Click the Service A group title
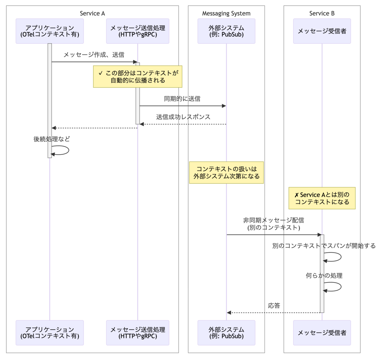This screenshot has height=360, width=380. [92, 13]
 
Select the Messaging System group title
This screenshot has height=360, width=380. [226, 13]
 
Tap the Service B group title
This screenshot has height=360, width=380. [322, 13]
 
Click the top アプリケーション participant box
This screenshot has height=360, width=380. [50, 31]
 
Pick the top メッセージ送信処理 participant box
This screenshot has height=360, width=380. [138, 31]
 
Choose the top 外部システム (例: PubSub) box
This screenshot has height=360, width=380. [226, 31]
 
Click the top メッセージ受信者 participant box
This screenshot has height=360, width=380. [322, 31]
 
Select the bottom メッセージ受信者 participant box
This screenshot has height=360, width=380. [322, 333]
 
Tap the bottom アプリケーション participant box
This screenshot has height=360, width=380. [50, 333]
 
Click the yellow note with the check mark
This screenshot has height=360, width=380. [138, 77]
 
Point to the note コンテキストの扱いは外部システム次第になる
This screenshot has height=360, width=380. [226, 173]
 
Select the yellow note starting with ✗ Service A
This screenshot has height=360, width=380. [322, 198]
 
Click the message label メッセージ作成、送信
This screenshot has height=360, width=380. [94, 55]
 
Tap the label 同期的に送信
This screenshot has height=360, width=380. [182, 99]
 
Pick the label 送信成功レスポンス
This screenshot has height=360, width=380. [183, 117]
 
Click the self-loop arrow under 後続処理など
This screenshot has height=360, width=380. [69, 150]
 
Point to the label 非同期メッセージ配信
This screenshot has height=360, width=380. [274, 220]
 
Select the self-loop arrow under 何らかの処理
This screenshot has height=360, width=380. [341, 287]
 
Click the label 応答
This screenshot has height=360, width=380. [274, 306]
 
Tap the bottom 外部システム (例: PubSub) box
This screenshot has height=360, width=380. [226, 333]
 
